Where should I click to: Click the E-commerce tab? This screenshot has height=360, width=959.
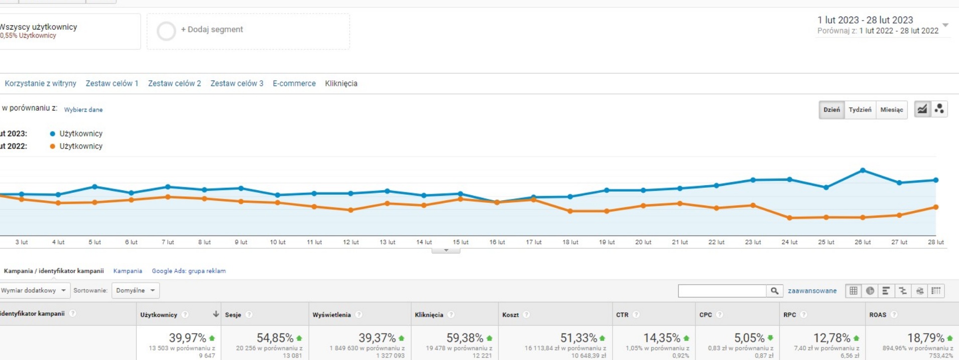click(x=294, y=83)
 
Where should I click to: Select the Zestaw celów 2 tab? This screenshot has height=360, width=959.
click(x=174, y=83)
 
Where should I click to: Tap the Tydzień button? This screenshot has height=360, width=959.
click(x=860, y=109)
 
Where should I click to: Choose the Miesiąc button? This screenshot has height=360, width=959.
click(x=891, y=109)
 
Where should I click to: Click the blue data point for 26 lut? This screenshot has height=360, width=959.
click(x=863, y=171)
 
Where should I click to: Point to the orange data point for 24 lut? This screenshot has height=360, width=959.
click(x=789, y=218)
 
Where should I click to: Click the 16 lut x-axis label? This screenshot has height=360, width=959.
click(x=497, y=242)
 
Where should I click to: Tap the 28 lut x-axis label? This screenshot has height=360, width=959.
click(x=935, y=242)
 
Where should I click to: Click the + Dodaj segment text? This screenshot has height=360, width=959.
click(x=212, y=30)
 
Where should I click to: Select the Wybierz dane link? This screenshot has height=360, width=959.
click(x=83, y=109)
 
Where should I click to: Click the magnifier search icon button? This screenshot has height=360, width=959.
click(x=774, y=291)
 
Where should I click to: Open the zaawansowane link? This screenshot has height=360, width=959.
click(x=812, y=291)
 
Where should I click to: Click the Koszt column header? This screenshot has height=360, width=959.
click(x=510, y=315)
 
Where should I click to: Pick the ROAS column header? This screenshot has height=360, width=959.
click(x=878, y=315)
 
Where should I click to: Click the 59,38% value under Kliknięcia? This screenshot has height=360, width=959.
click(x=464, y=338)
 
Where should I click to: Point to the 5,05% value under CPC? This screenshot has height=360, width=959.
click(x=749, y=338)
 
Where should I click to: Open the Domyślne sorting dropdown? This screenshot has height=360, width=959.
click(x=135, y=290)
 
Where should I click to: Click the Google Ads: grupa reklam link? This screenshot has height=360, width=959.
click(x=189, y=271)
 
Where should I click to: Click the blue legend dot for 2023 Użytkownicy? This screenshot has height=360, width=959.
click(x=53, y=134)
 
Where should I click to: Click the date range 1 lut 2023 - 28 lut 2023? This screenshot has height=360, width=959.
click(x=865, y=20)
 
